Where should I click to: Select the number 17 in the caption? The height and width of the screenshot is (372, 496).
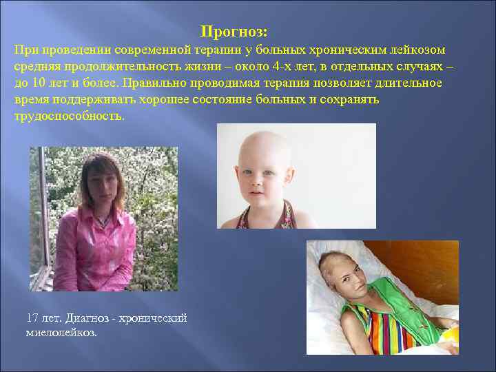tap(32, 318)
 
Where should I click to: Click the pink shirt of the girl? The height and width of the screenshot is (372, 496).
tap(96, 248)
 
